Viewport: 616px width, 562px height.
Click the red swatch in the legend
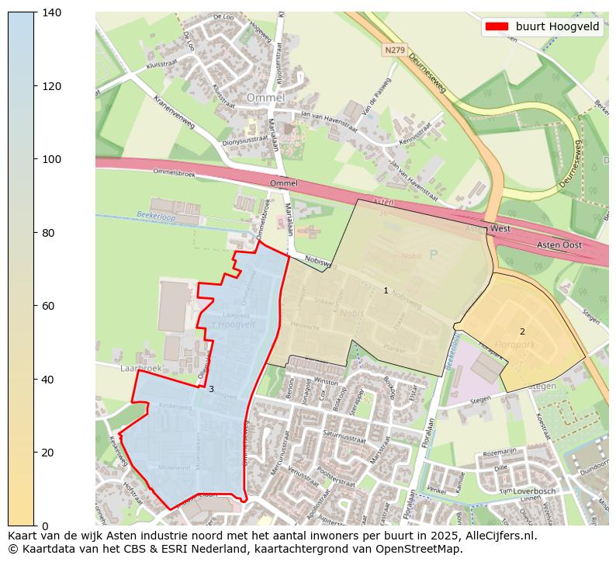pyautogui.click(x=497, y=26)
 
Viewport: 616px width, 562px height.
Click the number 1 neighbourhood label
pyautogui.click(x=386, y=290)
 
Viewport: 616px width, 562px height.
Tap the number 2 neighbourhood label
pyautogui.click(x=522, y=331)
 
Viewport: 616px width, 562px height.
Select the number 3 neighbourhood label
pyautogui.click(x=210, y=389)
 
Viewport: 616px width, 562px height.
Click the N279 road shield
pyautogui.click(x=394, y=50)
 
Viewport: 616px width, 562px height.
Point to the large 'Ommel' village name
pyautogui.click(x=265, y=98)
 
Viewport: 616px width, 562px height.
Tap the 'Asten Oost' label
pyautogui.click(x=559, y=245)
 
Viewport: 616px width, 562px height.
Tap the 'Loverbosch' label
pyautogui.click(x=535, y=491)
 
